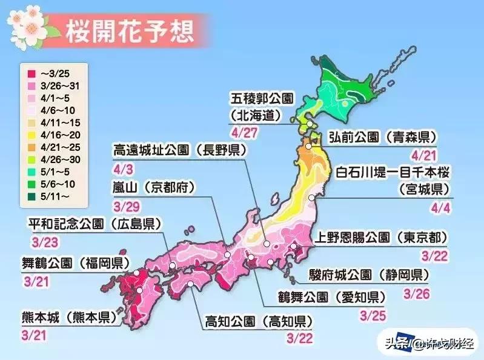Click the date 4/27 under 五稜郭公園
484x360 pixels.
pyautogui.click(x=242, y=130)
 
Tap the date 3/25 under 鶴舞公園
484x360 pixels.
pyautogui.click(x=371, y=315)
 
